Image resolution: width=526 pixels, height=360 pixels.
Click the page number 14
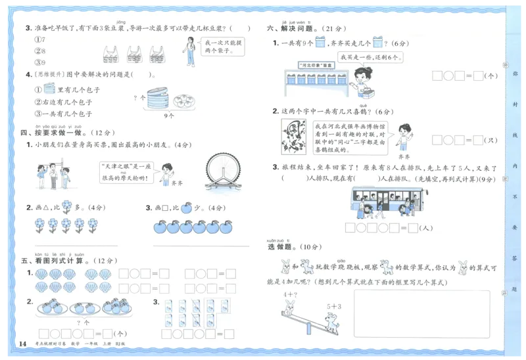tap(22, 344)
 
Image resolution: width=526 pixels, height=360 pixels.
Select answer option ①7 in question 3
tap(39, 39)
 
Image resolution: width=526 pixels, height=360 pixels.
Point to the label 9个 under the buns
tap(168, 115)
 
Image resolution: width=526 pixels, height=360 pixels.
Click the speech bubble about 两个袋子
tap(224, 47)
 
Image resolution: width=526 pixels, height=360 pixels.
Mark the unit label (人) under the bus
tap(426, 229)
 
